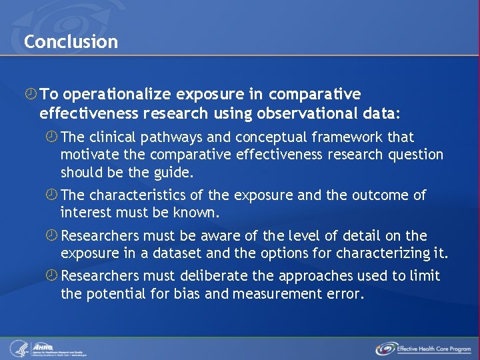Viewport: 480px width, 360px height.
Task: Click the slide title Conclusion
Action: tap(71, 41)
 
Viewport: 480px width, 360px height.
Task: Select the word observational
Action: tap(317, 114)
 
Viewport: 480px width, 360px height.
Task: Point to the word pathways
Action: tap(182, 137)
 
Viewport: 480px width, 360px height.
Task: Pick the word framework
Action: tap(349, 137)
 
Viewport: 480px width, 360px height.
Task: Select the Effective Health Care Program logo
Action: tap(423, 348)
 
